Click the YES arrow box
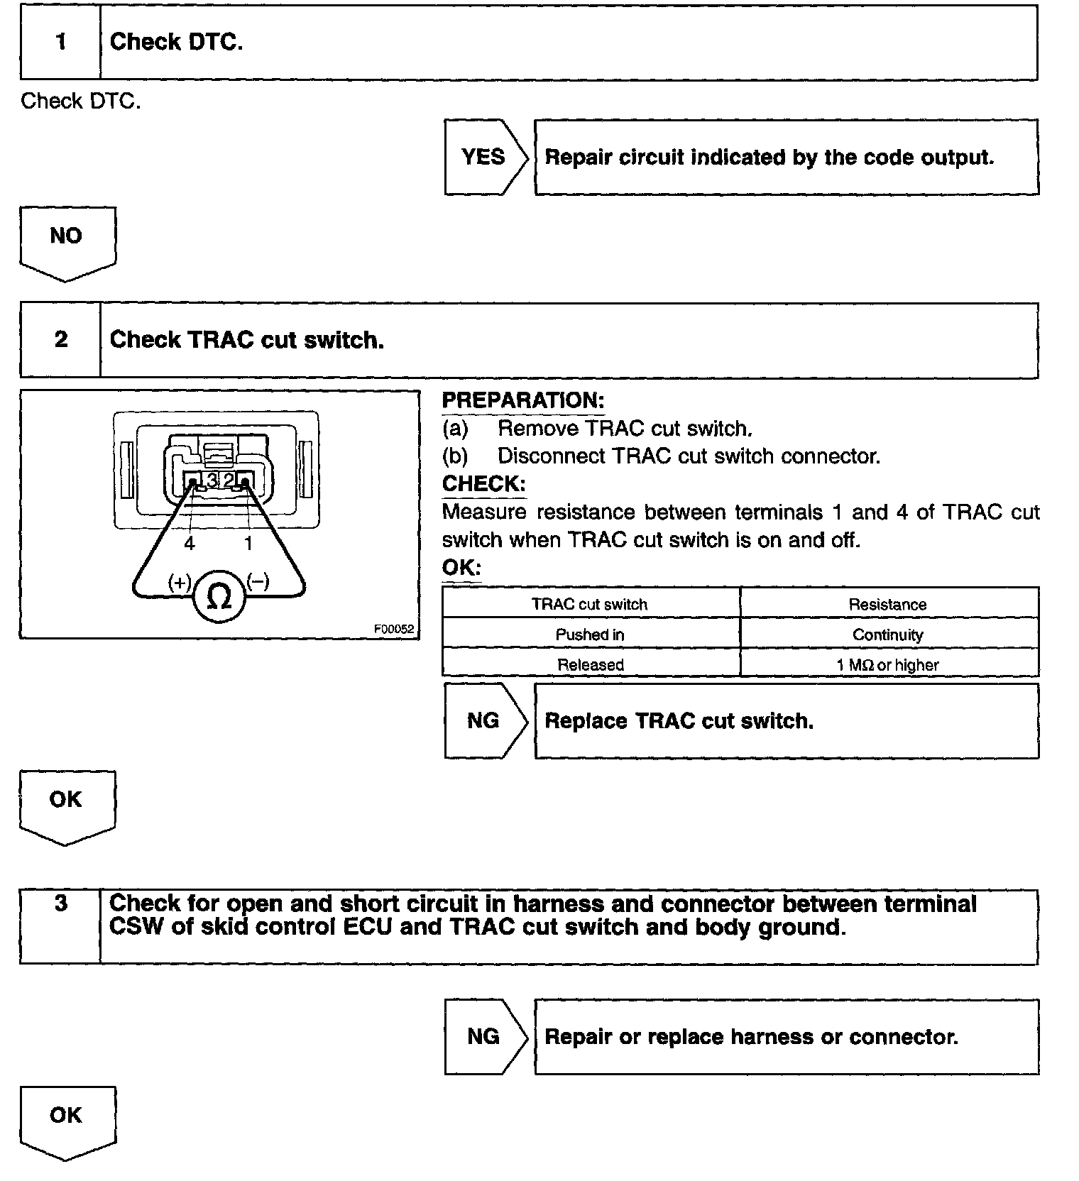tap(484, 157)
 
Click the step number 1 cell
tap(61, 43)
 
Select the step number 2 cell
tap(61, 340)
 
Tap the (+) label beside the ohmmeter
tap(180, 582)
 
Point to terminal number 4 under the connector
tap(189, 544)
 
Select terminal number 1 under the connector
tap(248, 544)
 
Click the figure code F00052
tap(394, 629)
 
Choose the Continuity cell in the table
tap(888, 635)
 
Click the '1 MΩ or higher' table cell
tap(888, 665)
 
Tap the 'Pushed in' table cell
tap(590, 635)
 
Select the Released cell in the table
tap(590, 665)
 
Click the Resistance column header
tap(888, 604)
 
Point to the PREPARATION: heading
tap(523, 400)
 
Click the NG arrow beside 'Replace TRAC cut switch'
tap(484, 720)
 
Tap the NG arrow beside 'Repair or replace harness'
tap(484, 1036)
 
